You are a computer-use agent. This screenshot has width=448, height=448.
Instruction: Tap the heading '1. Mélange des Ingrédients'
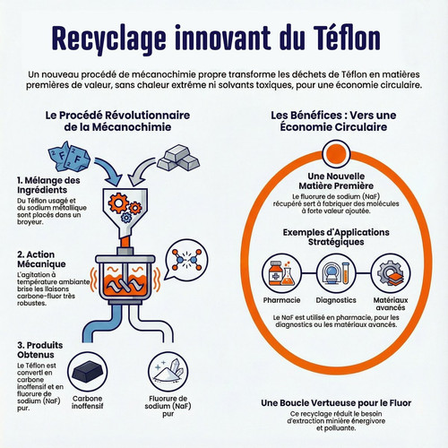click(x=48, y=185)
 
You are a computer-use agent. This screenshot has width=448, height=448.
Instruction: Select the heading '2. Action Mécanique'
click(x=41, y=259)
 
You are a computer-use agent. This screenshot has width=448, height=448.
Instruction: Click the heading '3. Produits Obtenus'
click(x=40, y=350)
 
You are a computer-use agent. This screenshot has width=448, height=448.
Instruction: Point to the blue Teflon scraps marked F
click(x=69, y=157)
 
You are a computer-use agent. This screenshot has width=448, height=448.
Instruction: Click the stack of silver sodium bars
click(x=178, y=158)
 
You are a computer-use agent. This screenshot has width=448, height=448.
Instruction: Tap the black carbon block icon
click(x=87, y=372)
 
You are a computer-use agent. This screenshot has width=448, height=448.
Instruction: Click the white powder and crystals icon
click(x=168, y=372)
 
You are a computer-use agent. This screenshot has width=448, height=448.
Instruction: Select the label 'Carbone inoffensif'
click(x=87, y=402)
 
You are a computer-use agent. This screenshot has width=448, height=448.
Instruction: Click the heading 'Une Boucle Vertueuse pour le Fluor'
click(x=336, y=403)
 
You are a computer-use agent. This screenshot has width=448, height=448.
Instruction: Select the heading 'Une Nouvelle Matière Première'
click(x=336, y=181)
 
